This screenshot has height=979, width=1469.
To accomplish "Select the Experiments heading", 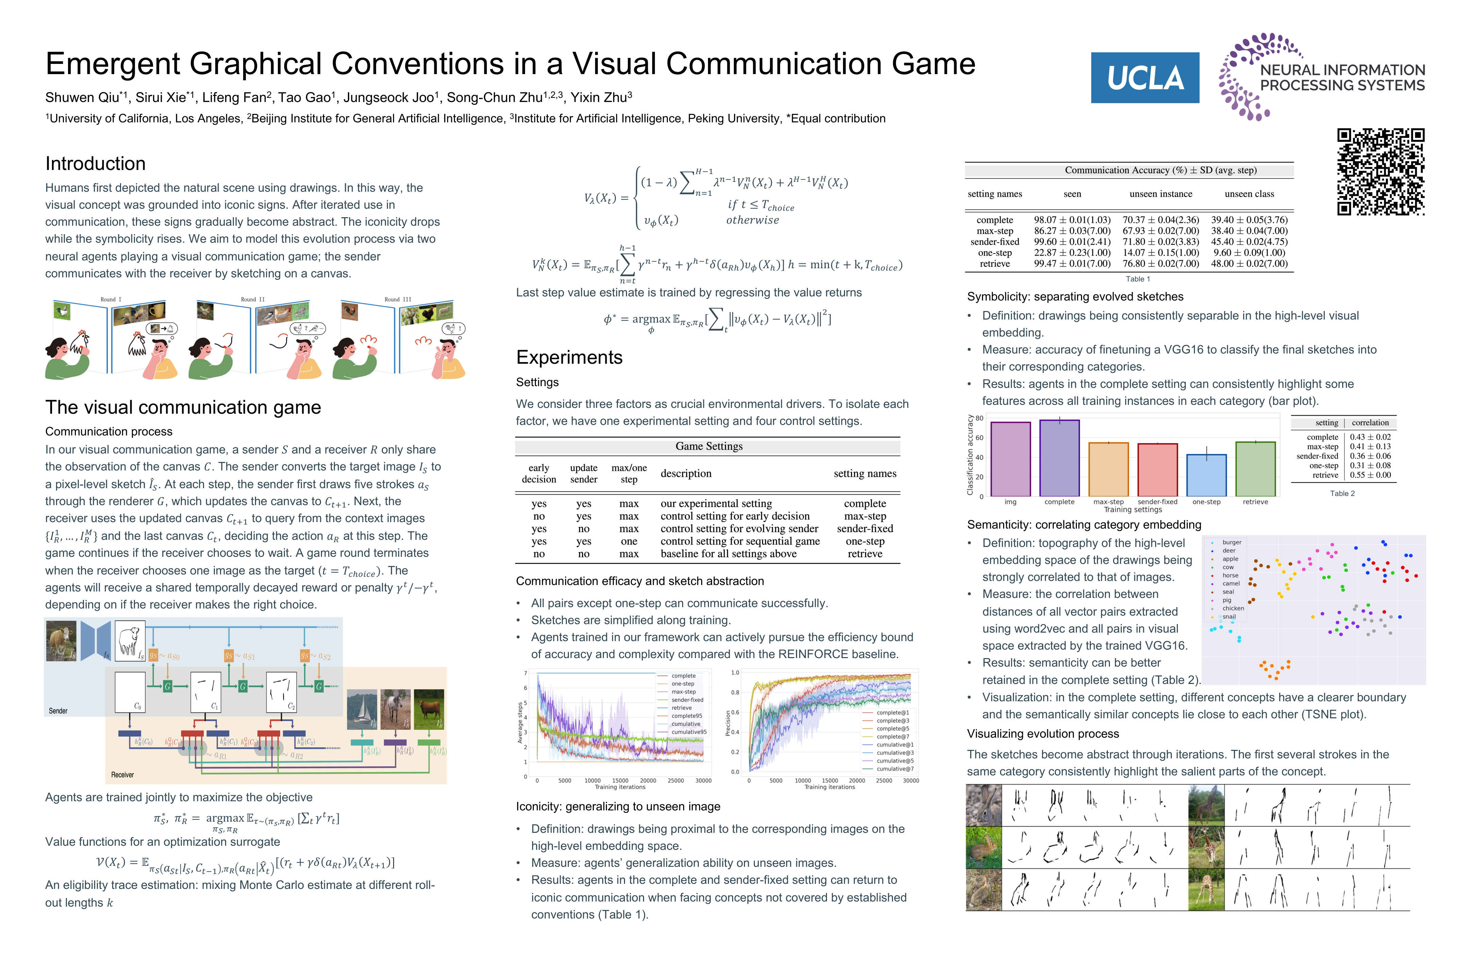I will (569, 357).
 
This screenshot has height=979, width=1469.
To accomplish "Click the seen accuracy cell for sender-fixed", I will (1072, 242).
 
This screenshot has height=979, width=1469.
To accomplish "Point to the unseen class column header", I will (1249, 194).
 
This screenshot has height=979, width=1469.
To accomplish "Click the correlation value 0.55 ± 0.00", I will (1370, 475).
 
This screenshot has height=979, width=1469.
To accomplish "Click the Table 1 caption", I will (1137, 279).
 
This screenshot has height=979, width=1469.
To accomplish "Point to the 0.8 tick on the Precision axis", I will (735, 692).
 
